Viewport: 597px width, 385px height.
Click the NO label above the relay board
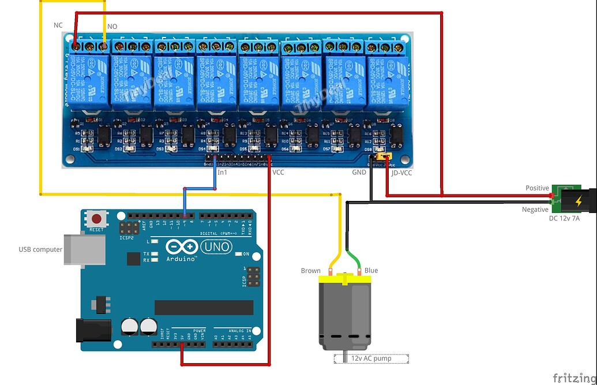click(112, 27)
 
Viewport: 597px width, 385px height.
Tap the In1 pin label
click(222, 172)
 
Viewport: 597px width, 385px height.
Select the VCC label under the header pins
click(277, 172)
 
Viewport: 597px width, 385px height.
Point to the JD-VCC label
click(401, 172)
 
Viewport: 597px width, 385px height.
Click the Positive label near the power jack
click(537, 188)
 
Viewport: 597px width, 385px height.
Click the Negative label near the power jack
click(535, 210)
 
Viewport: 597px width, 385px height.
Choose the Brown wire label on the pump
click(310, 271)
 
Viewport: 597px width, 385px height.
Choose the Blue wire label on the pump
click(371, 270)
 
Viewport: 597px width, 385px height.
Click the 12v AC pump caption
click(371, 358)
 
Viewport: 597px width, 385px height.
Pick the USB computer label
click(40, 249)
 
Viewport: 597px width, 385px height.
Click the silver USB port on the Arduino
click(84, 250)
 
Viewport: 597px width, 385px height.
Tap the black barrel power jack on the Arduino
click(92, 331)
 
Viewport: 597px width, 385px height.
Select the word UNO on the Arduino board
click(216, 247)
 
